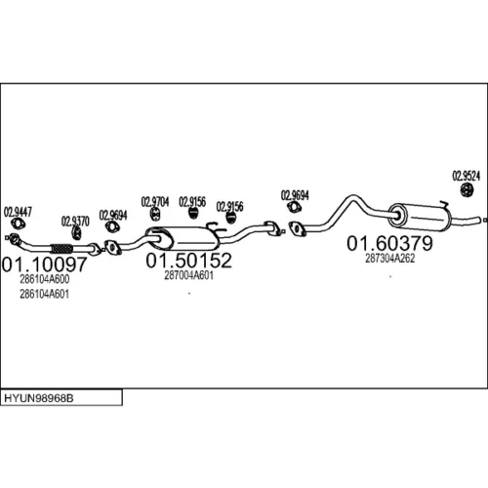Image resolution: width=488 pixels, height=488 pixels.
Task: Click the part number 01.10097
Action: tap(45, 264)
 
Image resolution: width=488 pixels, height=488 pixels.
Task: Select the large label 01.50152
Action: tap(188, 261)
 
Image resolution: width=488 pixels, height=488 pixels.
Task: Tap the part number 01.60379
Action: tap(389, 243)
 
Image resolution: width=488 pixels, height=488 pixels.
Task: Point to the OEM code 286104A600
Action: tap(45, 279)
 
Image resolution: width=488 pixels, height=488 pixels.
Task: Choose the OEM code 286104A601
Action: tap(45, 294)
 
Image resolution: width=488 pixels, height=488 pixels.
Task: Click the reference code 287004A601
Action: tap(188, 275)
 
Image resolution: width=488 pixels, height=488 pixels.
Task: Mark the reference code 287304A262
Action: tap(389, 259)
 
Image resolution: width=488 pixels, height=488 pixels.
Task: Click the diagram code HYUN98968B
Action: tap(39, 398)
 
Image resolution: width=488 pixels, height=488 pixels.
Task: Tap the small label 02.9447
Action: tap(18, 212)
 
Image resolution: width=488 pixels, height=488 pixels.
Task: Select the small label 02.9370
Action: tap(75, 222)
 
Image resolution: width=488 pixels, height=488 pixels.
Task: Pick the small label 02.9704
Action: tap(155, 202)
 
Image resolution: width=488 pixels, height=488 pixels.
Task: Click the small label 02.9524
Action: tap(466, 176)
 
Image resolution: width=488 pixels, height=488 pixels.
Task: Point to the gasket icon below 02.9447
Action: tap(19, 224)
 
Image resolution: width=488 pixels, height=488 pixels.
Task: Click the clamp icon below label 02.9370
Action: tap(76, 233)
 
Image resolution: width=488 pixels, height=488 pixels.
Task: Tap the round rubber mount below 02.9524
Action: tap(468, 190)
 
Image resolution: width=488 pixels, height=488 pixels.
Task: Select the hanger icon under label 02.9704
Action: tap(155, 214)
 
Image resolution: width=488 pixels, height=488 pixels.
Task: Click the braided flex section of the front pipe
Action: tap(61, 249)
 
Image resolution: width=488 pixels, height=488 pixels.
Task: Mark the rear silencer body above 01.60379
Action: tap(420, 218)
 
